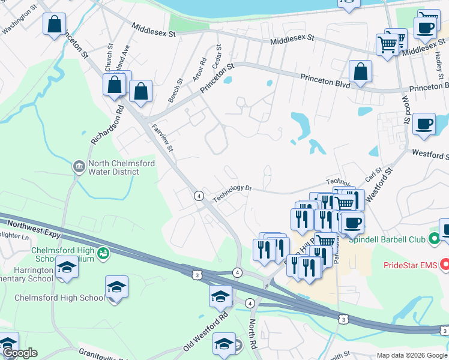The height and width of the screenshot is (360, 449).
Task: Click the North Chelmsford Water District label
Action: (113, 167)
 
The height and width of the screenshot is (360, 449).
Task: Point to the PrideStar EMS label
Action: (408, 264)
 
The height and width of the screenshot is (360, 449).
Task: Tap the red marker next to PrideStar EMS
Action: (445, 264)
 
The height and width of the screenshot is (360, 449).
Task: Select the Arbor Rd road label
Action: (199, 71)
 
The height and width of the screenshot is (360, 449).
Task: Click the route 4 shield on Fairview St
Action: (197, 196)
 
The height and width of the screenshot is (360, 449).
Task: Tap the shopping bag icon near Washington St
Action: (54, 25)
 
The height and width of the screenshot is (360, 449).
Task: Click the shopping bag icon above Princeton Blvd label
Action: (360, 72)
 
